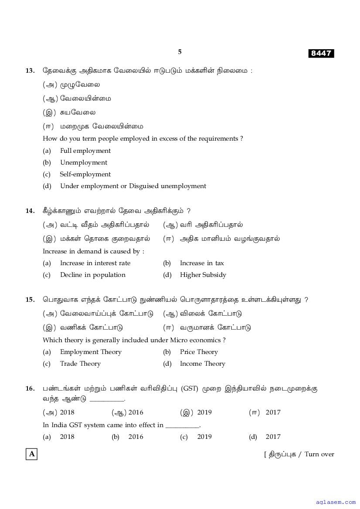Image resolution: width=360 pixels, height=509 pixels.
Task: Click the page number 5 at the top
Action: coord(180,52)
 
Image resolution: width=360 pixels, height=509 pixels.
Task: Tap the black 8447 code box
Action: coord(321,54)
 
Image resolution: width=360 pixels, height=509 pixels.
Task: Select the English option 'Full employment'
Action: coord(85,151)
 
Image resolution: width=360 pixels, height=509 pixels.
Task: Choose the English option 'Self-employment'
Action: coord(85,174)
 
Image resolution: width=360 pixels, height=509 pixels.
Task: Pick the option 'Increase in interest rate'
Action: coord(95,263)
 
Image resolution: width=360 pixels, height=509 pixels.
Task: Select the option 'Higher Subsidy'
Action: coord(203,275)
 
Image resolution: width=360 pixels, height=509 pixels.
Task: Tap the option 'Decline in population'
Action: coord(92,275)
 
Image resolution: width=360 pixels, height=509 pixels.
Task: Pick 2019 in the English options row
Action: coord(204,437)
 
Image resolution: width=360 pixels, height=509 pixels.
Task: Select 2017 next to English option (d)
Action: coord(273,437)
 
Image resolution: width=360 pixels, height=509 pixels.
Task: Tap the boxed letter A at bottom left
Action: coord(31,454)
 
